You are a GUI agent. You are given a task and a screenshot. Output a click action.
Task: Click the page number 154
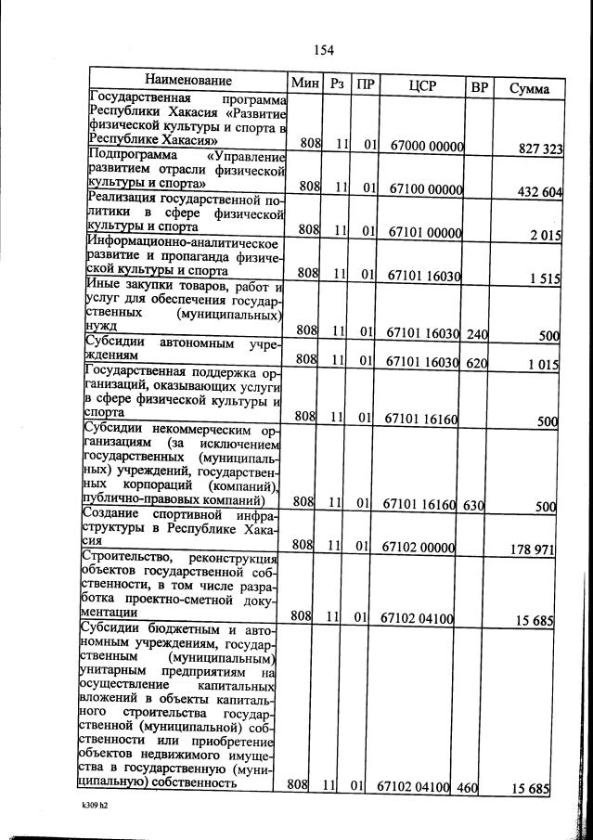click(x=323, y=50)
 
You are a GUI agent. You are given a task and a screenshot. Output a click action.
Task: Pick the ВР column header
click(x=479, y=87)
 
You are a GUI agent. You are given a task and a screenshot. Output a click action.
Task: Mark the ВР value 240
click(x=477, y=332)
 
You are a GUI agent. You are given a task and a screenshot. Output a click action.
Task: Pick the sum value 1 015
click(x=539, y=365)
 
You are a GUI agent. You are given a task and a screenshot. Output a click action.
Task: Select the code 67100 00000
click(x=426, y=188)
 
